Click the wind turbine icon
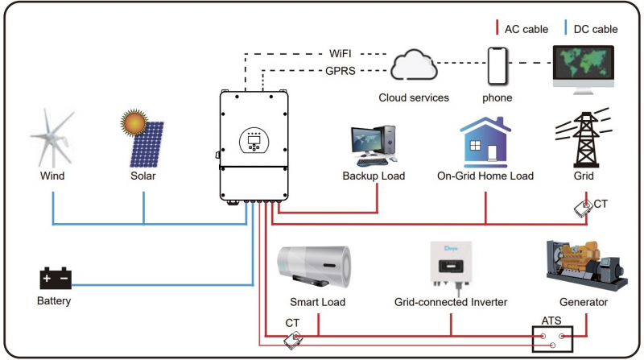[52, 138]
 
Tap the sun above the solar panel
[134, 122]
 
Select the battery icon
[56, 278]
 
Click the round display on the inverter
[254, 141]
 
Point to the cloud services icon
[414, 65]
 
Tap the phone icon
[497, 66]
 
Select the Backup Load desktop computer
[374, 146]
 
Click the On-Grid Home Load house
[485, 142]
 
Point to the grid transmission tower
[584, 138]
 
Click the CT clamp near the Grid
[583, 209]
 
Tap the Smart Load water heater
[314, 267]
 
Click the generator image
[587, 266]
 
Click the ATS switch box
[552, 339]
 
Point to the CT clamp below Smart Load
[293, 341]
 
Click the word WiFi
[340, 54]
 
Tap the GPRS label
[341, 71]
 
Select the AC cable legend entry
[522, 28]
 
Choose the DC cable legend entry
[591, 28]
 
